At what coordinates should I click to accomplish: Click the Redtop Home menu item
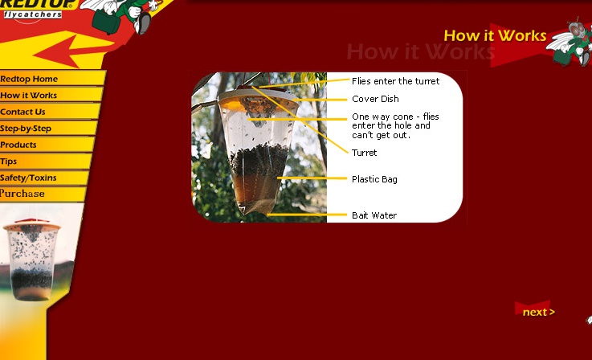click(x=29, y=79)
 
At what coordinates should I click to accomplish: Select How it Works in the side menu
click(x=28, y=95)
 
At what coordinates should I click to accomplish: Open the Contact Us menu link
click(x=22, y=112)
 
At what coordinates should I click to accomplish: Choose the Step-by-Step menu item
click(x=26, y=129)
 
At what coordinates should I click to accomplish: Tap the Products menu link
click(x=18, y=145)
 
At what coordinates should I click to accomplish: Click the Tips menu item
click(x=8, y=162)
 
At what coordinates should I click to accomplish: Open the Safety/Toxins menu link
click(x=28, y=178)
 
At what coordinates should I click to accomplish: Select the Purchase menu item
click(x=22, y=194)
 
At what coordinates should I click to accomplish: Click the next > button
click(x=538, y=312)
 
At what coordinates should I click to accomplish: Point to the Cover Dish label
click(x=375, y=99)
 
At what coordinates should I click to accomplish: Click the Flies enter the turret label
click(x=396, y=81)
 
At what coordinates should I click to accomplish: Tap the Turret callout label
click(x=365, y=153)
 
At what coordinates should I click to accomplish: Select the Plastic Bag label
click(x=374, y=179)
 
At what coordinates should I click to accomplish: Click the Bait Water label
click(x=374, y=215)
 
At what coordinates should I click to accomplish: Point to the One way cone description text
click(x=395, y=126)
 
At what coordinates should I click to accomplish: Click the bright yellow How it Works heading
click(x=495, y=35)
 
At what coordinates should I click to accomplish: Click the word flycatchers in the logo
click(x=33, y=14)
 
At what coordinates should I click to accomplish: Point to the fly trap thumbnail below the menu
click(x=31, y=260)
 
